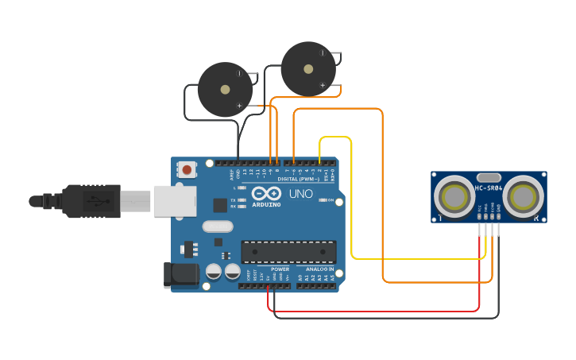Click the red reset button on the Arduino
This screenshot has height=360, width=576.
(187, 169)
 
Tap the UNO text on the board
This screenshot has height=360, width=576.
(300, 194)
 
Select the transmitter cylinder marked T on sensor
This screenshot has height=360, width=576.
(455, 195)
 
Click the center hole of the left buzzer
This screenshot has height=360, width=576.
(225, 90)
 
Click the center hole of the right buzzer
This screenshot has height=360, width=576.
(308, 69)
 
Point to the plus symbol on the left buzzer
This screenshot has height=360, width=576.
(239, 105)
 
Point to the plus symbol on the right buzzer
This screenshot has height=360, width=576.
(323, 84)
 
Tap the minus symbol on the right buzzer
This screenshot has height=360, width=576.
(323, 53)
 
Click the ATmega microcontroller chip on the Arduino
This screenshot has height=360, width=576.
(288, 252)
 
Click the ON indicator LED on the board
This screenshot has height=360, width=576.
(321, 200)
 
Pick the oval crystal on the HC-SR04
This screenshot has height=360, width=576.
(488, 178)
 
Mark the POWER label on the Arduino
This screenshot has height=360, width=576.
(280, 269)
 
